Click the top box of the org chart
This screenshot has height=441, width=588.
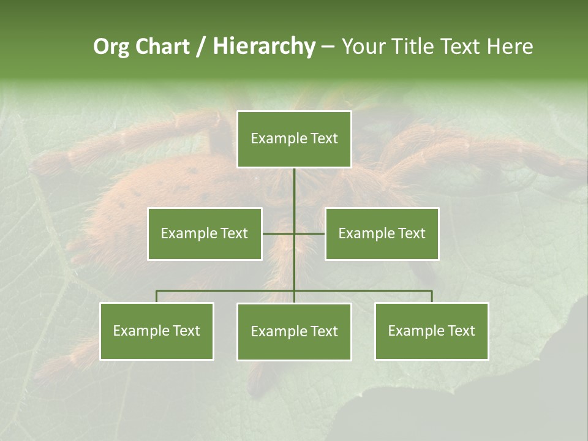coord(294,139)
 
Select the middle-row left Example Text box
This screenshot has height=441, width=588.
coord(205,233)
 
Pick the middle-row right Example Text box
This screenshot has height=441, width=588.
coord(382,233)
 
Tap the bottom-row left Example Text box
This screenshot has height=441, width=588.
coord(157,331)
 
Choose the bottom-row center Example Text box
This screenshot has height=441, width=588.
coord(294,331)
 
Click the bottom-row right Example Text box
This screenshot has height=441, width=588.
coord(432,331)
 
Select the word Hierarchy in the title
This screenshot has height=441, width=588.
coord(264,47)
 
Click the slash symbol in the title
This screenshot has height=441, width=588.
coord(201,47)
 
